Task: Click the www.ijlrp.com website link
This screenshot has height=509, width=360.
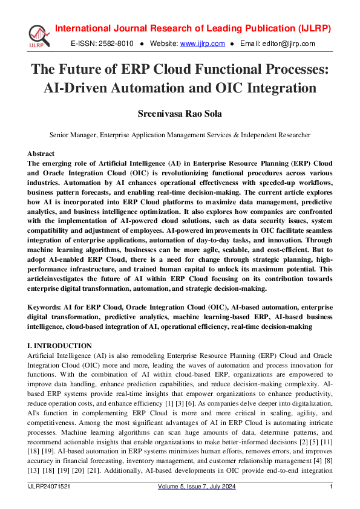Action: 203,44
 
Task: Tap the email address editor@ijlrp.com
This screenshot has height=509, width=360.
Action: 289,44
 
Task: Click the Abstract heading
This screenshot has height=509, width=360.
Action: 41,154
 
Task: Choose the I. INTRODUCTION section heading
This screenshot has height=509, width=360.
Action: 59,346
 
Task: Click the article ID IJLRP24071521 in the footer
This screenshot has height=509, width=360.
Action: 48,487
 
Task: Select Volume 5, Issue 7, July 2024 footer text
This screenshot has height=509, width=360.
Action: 197,487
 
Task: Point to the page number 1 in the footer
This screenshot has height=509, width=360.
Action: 331,487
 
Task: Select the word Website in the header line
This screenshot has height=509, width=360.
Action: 163,44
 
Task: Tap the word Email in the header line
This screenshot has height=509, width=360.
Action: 249,44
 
